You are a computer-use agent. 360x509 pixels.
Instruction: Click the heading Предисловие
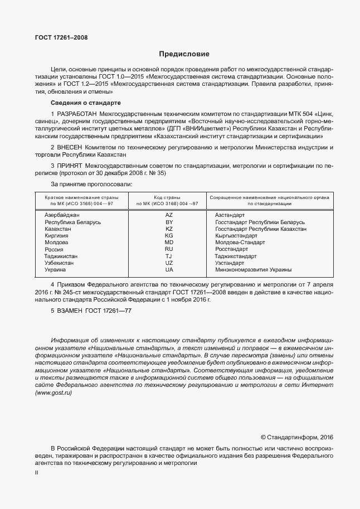point(184,55)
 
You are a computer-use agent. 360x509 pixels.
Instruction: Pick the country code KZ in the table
point(169,229)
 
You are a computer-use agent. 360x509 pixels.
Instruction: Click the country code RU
point(169,250)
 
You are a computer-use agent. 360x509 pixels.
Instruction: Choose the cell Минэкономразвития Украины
point(253,270)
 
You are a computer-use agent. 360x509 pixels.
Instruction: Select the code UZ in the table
point(169,263)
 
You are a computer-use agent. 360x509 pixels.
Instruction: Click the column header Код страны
point(169,197)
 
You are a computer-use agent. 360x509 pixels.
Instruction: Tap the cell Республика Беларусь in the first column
point(72,222)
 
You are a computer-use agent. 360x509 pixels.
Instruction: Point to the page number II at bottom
point(36,473)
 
